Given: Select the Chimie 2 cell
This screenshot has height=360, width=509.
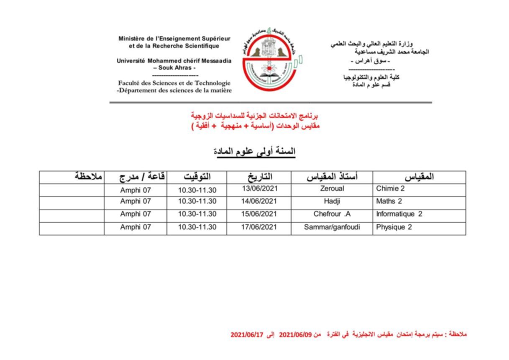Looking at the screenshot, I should coord(390,189).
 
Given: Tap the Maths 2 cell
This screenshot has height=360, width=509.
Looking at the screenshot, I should coord(389,201).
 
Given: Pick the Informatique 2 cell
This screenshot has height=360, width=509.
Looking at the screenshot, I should coord(399,214).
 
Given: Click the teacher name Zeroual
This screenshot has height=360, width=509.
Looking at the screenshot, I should coord(332,189).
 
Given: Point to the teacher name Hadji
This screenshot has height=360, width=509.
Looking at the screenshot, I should coord(332,201).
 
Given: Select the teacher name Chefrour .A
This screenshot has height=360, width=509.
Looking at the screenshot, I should coord(332,214).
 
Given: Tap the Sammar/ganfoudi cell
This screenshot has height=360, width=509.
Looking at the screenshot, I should coord(332,227).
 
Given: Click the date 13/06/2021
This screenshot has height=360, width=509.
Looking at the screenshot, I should coord(259,188).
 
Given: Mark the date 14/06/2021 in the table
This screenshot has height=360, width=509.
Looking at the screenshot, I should coord(259,201).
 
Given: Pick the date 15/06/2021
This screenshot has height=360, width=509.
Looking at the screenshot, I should coord(259,214).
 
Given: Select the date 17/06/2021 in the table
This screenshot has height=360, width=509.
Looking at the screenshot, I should coord(259,227).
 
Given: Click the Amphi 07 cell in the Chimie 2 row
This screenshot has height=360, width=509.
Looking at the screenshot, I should coord(136,190).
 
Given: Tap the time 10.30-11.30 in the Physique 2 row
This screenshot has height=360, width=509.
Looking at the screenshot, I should coord(197,227).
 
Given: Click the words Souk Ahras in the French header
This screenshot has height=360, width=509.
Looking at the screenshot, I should coord(174,68).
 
